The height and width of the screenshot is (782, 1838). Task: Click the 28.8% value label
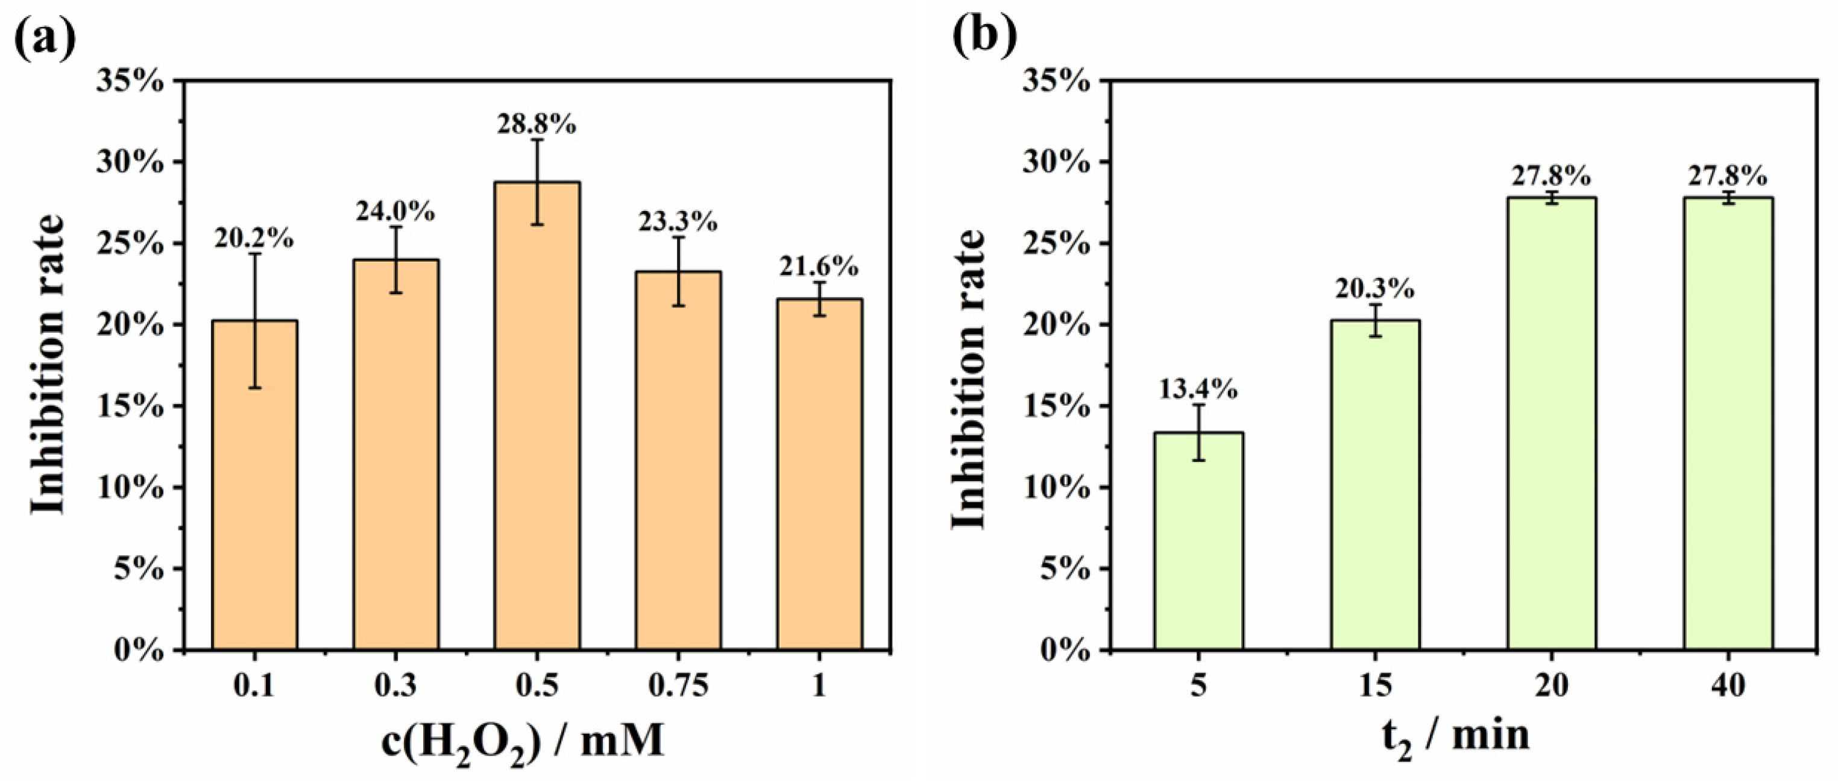click(x=537, y=124)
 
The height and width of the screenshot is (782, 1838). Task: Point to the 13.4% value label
click(x=1198, y=389)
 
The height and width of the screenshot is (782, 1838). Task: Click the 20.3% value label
click(x=1374, y=288)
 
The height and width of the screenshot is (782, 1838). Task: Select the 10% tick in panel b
click(x=1057, y=488)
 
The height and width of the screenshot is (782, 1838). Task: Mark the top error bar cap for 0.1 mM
click(x=255, y=254)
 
